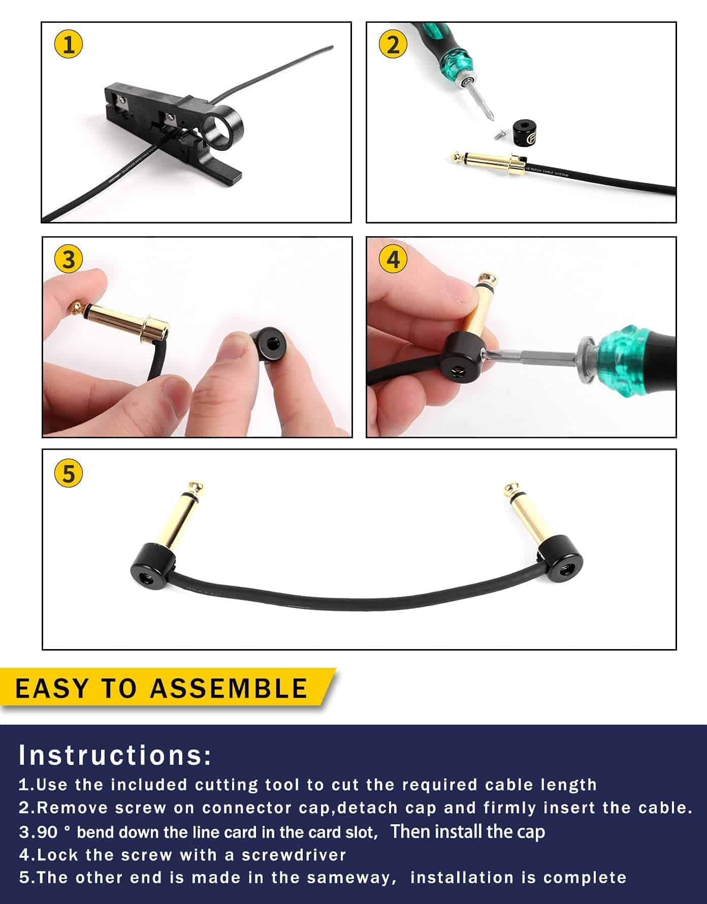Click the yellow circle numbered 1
(x=69, y=45)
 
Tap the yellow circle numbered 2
(x=393, y=45)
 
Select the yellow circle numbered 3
(x=69, y=260)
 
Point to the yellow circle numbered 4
(x=393, y=260)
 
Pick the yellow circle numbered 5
(x=69, y=473)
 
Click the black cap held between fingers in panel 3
(x=263, y=345)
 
